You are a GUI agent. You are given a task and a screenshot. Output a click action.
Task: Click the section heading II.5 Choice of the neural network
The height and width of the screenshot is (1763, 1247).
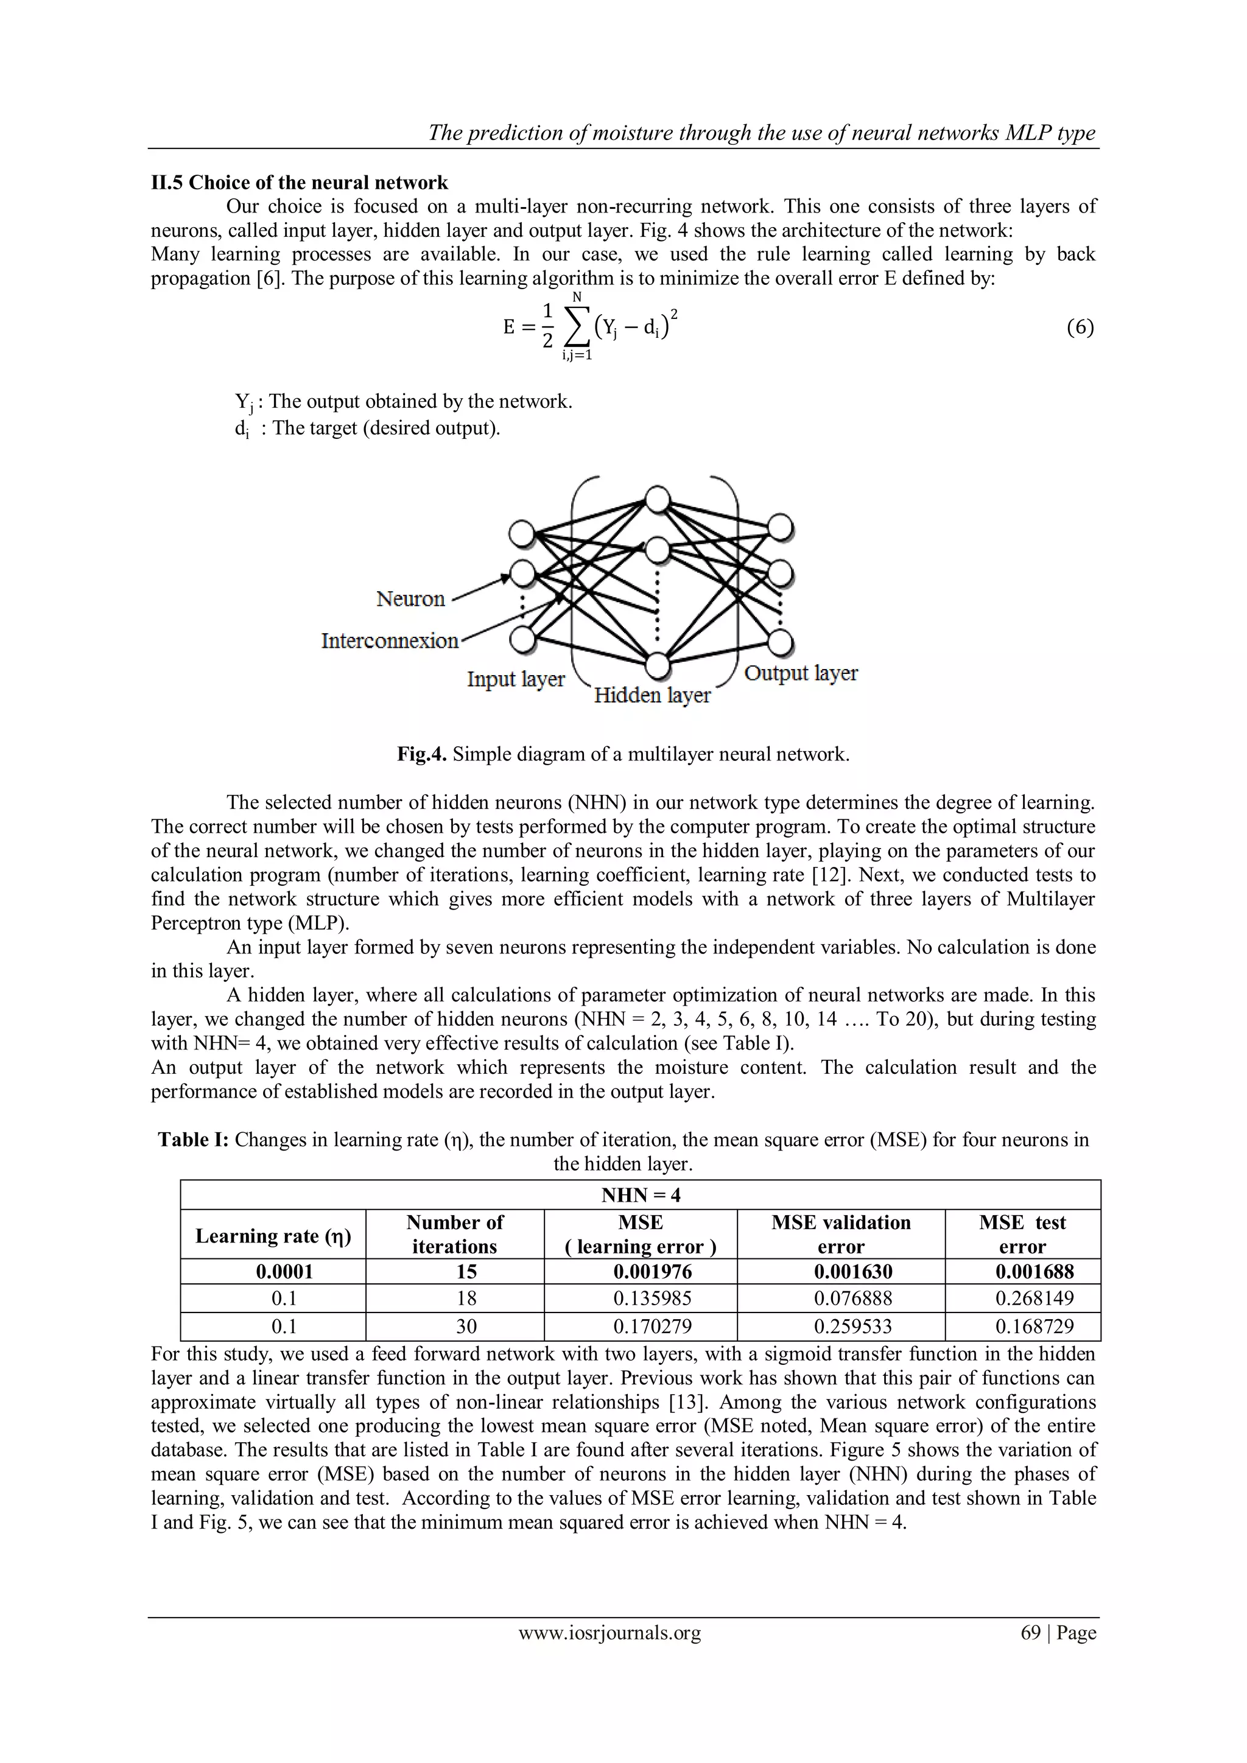tap(300, 183)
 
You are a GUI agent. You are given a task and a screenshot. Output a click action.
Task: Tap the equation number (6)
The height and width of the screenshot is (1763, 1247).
tap(1080, 328)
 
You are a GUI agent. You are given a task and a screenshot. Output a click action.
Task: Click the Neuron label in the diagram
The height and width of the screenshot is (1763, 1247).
tap(411, 599)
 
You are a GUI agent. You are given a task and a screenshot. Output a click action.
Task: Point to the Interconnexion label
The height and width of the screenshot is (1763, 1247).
tap(389, 640)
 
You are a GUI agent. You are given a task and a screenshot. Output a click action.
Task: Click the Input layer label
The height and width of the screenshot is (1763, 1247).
tap(516, 679)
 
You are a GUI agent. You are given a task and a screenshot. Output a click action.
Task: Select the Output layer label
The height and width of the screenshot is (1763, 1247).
tap(801, 673)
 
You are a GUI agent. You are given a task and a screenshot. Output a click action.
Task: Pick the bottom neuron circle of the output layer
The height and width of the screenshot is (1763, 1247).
tap(780, 641)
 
